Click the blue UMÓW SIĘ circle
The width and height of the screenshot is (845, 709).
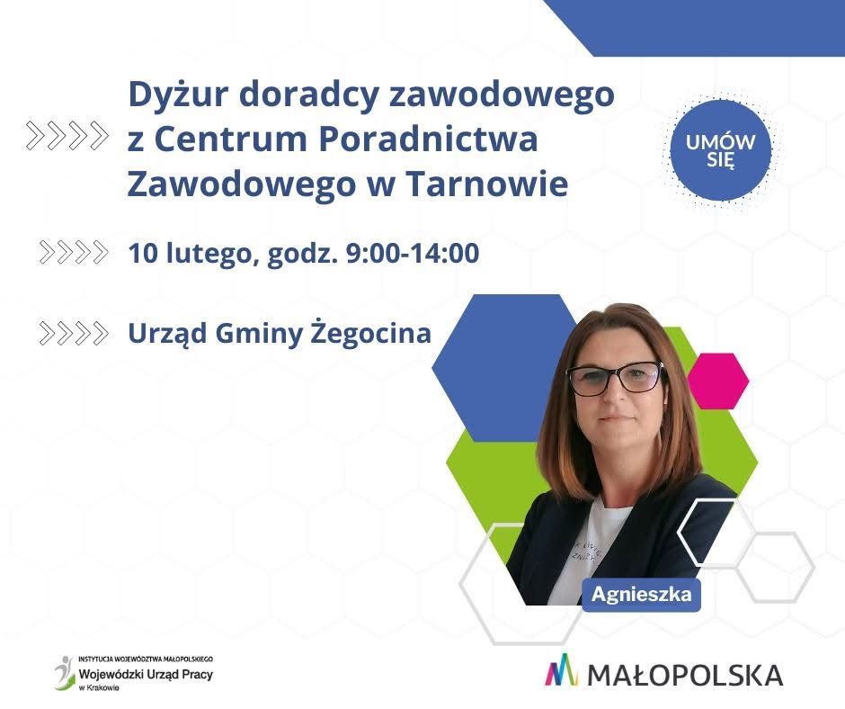coord(721,150)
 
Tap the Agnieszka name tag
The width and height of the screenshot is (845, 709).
coord(641,595)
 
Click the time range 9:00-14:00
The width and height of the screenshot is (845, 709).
coord(413,253)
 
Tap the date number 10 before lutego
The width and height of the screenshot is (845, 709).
coord(142,253)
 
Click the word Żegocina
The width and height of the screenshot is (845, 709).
coord(371,333)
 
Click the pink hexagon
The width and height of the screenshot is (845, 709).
coord(718,381)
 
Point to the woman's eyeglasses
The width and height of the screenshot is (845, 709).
coord(616,378)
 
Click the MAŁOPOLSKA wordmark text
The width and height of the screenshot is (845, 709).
coord(685,676)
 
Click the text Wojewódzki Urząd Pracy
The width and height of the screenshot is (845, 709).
coord(146,674)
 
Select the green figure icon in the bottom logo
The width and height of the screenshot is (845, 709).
coord(65,673)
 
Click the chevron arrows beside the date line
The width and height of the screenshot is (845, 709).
coord(74,252)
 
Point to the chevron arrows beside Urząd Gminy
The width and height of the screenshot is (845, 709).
coord(74,333)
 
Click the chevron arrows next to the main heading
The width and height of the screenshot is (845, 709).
coord(67,135)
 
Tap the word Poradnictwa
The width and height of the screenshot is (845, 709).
coord(429,139)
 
